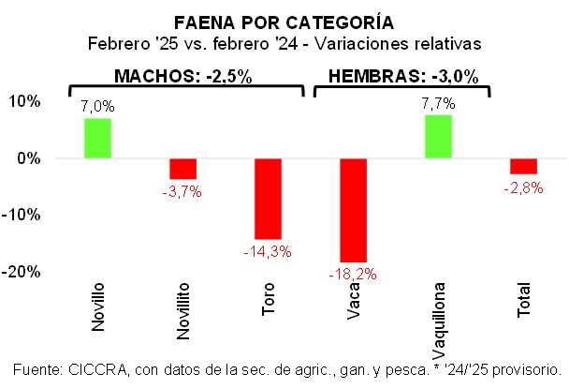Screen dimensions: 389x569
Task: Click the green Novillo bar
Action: [97, 138]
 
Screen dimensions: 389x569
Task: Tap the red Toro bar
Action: [268, 198]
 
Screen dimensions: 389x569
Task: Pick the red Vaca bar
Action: [353, 209]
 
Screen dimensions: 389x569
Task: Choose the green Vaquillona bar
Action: [438, 136]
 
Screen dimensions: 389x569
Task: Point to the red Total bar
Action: [523, 166]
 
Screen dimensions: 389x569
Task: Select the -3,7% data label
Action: [182, 191]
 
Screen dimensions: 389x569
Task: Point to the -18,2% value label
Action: [353, 274]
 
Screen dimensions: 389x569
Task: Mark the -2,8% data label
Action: [523, 187]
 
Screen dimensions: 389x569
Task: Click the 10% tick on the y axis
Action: [25, 101]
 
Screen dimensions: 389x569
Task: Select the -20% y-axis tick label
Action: [22, 271]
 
